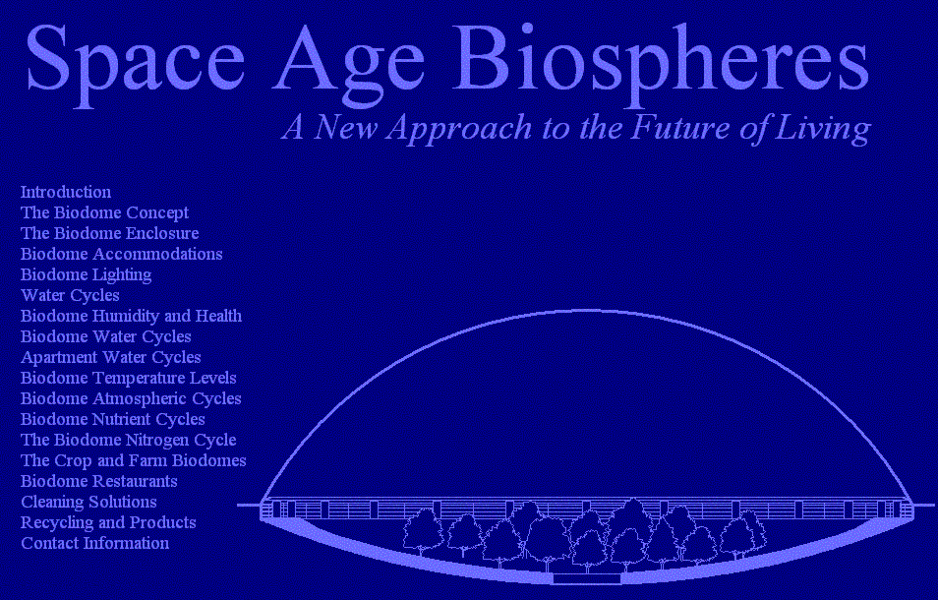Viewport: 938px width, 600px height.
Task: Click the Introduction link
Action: coord(66,192)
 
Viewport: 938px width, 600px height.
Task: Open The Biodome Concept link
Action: coord(104,213)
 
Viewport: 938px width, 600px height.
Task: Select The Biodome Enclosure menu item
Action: coord(109,233)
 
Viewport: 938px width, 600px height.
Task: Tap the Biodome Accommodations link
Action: coord(122,254)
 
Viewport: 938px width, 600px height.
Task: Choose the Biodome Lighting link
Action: coord(87,275)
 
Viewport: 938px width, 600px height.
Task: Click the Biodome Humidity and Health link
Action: coord(131,316)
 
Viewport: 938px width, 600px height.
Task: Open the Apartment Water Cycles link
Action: coord(111,358)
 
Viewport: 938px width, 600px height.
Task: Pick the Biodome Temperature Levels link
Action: coord(129,379)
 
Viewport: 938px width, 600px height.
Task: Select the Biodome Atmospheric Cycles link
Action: coord(131,399)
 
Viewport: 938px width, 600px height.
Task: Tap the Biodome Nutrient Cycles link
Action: coord(112,419)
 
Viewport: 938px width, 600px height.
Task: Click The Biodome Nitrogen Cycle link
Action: coord(129,441)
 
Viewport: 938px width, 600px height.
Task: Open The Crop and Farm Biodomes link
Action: coord(134,460)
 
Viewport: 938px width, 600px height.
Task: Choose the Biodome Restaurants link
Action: coord(98,482)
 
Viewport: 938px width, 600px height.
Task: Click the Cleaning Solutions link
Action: coord(88,503)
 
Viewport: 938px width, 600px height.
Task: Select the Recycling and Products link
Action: coord(108,523)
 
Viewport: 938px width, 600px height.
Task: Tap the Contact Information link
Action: coord(94,543)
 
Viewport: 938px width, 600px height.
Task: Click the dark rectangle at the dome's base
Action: coord(587,578)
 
